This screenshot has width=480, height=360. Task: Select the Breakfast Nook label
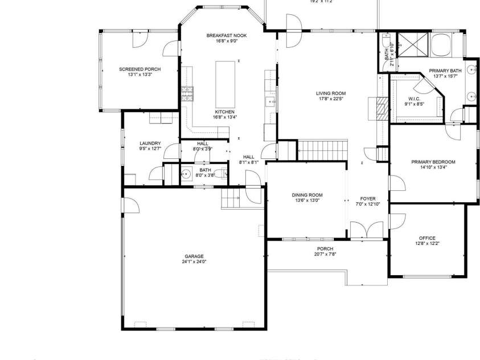[227, 35]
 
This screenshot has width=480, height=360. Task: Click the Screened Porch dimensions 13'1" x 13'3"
[140, 75]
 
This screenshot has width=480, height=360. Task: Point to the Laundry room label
[150, 143]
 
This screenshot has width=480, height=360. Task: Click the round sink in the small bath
[185, 175]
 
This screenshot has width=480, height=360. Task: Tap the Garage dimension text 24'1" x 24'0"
[194, 262]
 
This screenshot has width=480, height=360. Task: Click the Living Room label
[331, 93]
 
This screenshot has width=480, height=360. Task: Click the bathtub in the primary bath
[440, 44]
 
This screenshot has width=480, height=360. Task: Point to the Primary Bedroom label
[433, 162]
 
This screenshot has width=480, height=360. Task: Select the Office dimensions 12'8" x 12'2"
[427, 244]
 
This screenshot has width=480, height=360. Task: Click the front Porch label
[325, 248]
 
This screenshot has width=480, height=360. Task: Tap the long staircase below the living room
[322, 151]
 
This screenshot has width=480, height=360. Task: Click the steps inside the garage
[231, 199]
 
